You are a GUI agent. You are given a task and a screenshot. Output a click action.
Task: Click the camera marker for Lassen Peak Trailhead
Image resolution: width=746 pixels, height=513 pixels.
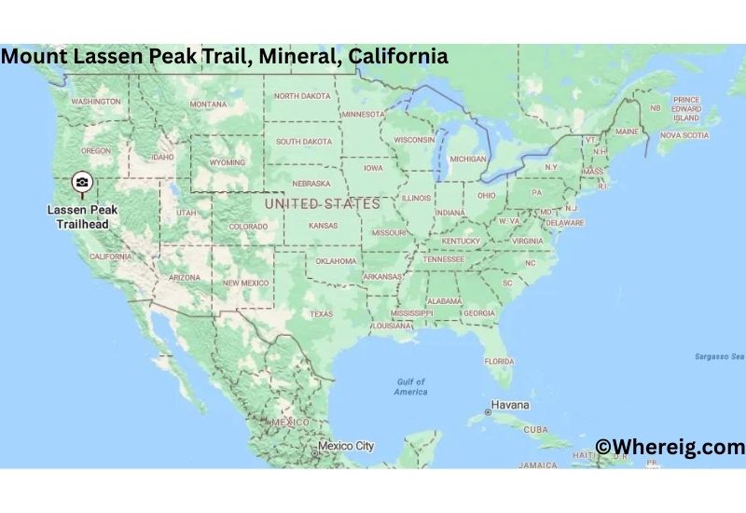tap(83, 181)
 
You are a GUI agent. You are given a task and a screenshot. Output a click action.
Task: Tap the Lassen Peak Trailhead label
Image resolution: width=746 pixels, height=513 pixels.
tap(83, 217)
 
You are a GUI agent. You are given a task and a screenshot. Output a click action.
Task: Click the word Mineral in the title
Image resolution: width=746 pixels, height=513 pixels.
tap(302, 56)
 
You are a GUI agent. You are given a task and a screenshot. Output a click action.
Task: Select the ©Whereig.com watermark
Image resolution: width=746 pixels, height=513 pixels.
tap(670, 447)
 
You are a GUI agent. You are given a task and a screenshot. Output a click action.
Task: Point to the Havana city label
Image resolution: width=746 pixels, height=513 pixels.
tap(509, 406)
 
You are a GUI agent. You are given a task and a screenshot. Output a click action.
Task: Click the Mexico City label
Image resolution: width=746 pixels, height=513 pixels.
tap(345, 446)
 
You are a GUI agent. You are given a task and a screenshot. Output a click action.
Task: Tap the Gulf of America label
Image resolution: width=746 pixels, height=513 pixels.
tap(410, 387)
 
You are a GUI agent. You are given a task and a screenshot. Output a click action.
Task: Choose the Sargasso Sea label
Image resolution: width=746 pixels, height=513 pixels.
tap(719, 356)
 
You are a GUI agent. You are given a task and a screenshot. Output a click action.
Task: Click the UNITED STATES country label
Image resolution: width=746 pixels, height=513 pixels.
tap(322, 203)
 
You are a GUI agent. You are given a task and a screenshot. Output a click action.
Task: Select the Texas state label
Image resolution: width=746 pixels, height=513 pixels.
tap(321, 313)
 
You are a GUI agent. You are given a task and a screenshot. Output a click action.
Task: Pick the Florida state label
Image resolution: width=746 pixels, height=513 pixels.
tap(499, 360)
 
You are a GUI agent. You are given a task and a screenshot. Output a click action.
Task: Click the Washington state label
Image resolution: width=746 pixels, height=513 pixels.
tap(96, 101)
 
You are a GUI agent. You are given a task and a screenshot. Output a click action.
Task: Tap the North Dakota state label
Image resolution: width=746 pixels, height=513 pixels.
tap(301, 96)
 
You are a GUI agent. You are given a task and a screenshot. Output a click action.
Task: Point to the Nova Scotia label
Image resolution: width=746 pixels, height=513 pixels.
tap(684, 134)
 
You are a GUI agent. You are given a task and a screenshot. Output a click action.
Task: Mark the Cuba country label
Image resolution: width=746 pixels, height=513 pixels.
tap(535, 430)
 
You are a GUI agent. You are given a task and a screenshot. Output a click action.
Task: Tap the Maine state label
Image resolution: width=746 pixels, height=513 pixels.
tap(627, 132)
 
